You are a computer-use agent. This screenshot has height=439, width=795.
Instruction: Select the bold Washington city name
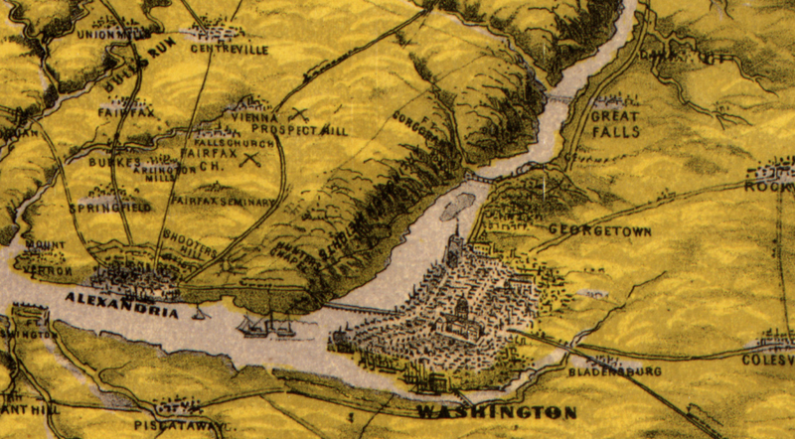pyautogui.click(x=496, y=411)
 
